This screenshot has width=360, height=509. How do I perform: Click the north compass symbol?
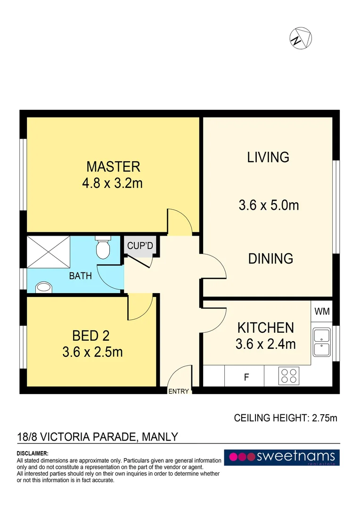(x=300, y=38)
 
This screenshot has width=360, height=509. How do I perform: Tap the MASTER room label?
(x=113, y=167)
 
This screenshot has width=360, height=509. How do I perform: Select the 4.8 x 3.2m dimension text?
(x=112, y=183)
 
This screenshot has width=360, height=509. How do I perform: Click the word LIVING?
(x=268, y=157)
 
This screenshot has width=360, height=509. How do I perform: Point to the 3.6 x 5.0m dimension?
(x=269, y=205)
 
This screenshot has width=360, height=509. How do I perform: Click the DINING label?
(x=270, y=259)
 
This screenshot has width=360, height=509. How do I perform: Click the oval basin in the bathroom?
(x=43, y=287)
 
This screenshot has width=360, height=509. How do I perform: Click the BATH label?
(x=81, y=276)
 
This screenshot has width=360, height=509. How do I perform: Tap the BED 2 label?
(x=91, y=336)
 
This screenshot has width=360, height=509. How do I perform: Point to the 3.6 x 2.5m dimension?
(x=92, y=352)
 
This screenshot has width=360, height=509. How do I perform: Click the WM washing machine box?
(x=322, y=312)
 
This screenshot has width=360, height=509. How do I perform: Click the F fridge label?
(x=246, y=377)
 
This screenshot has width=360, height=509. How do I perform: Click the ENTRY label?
(x=179, y=391)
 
